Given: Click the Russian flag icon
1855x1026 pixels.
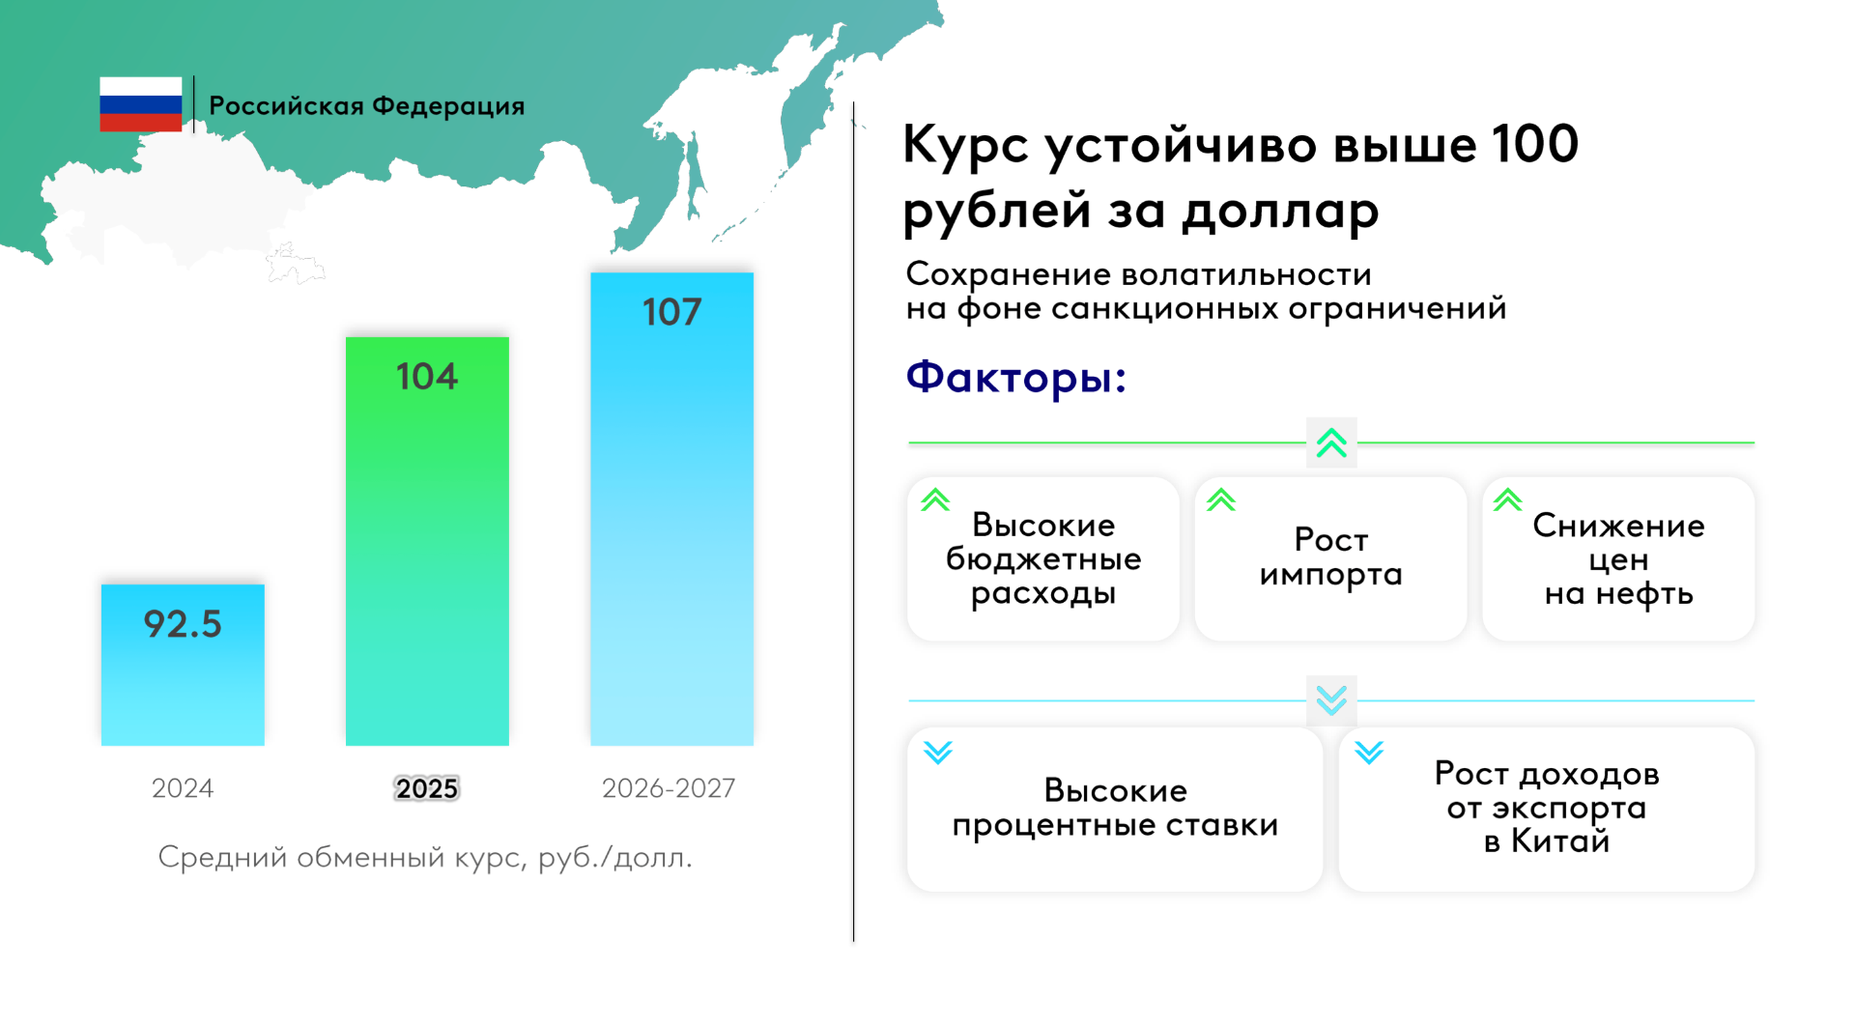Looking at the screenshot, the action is coord(140,104).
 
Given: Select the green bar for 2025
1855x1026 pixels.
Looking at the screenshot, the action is coord(427,541).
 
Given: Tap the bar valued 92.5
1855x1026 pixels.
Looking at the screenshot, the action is coord(183,665).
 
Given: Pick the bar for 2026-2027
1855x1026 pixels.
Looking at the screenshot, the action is coord(671,509).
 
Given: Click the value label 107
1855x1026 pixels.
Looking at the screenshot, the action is coord(671,312).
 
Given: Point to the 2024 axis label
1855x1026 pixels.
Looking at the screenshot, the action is coord(183,788).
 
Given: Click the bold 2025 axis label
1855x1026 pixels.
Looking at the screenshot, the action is coord(427,788).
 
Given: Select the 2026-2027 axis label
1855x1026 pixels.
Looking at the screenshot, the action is coord(669,788).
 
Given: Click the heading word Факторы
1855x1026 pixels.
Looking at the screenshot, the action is coord(1015,376).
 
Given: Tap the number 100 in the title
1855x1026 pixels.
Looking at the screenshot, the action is coord(1534,143).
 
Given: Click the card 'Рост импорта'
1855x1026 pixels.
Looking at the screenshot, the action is coord(1330,558).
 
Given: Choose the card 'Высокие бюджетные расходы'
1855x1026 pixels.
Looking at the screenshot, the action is coord(1043,558).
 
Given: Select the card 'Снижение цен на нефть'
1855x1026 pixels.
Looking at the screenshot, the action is coord(1618,558).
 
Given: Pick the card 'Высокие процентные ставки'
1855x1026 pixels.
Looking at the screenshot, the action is coord(1115,809).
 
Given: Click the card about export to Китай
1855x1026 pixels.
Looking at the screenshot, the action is coord(1546,809).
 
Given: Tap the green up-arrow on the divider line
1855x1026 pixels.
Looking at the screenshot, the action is coord(1331,442).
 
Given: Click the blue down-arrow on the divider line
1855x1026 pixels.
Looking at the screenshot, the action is coord(1331,700).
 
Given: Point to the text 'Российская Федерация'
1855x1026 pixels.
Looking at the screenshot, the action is coord(367,105).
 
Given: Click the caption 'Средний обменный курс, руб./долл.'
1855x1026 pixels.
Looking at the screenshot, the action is coord(425,857).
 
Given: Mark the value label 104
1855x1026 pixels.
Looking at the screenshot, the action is coord(427,376).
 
